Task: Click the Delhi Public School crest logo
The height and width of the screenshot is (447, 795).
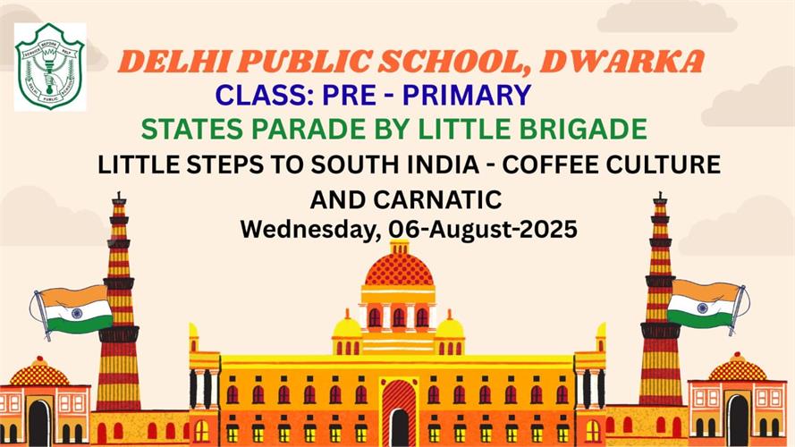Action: [50, 66]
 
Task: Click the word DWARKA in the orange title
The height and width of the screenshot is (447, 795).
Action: [622, 62]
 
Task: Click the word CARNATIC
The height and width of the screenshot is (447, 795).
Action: [437, 199]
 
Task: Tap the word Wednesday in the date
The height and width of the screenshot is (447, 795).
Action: [311, 230]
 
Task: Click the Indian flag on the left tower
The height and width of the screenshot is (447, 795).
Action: [72, 311]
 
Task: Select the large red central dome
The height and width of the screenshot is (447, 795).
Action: [399, 268]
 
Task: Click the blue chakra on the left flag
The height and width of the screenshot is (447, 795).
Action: [77, 313]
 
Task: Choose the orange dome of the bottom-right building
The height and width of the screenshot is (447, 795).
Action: [738, 368]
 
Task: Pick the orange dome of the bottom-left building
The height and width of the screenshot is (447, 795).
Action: [39, 373]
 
